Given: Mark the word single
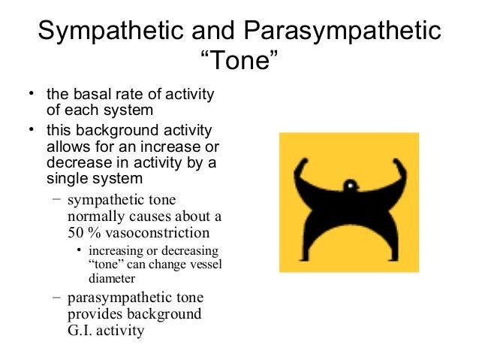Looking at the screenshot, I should pyautogui.click(x=67, y=177).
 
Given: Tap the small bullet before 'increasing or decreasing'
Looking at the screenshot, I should pyautogui.click(x=80, y=250).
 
